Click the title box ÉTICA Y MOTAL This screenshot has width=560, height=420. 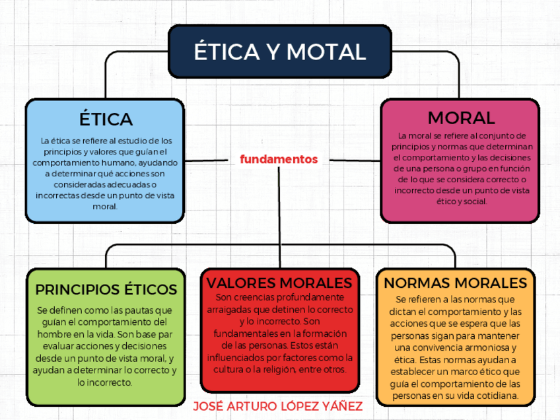point(280,52)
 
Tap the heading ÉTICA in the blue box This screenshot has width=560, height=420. point(106,119)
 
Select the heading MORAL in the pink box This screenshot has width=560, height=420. point(461,118)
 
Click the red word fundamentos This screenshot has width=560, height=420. point(279,159)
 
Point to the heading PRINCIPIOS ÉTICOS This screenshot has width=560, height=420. point(106,290)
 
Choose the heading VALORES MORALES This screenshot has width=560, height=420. point(279,283)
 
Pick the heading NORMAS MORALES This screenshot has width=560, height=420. point(455,283)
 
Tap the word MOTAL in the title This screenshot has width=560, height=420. point(327,52)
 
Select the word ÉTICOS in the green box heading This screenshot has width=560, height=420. point(151,290)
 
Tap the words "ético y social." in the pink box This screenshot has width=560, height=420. point(461,201)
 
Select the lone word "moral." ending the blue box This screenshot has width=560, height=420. point(105,206)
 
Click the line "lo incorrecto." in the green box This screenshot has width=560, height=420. point(105,382)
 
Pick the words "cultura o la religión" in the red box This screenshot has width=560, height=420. point(255,369)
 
